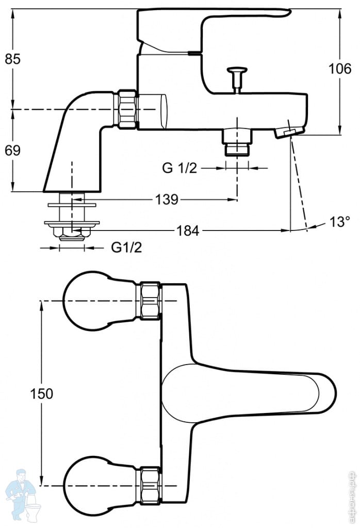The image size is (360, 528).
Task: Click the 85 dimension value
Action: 13,59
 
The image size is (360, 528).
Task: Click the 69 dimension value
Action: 13,150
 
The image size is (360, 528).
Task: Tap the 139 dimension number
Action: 167,200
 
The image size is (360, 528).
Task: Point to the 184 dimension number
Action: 188,230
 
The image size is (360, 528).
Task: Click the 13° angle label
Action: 340,222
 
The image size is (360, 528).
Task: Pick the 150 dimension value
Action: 41,393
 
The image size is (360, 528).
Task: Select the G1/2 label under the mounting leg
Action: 127,247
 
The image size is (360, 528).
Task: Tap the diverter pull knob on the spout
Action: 237,71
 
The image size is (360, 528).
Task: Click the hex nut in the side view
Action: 127,109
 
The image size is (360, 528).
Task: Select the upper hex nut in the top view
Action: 151,301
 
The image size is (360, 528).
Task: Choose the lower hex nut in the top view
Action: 151,485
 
